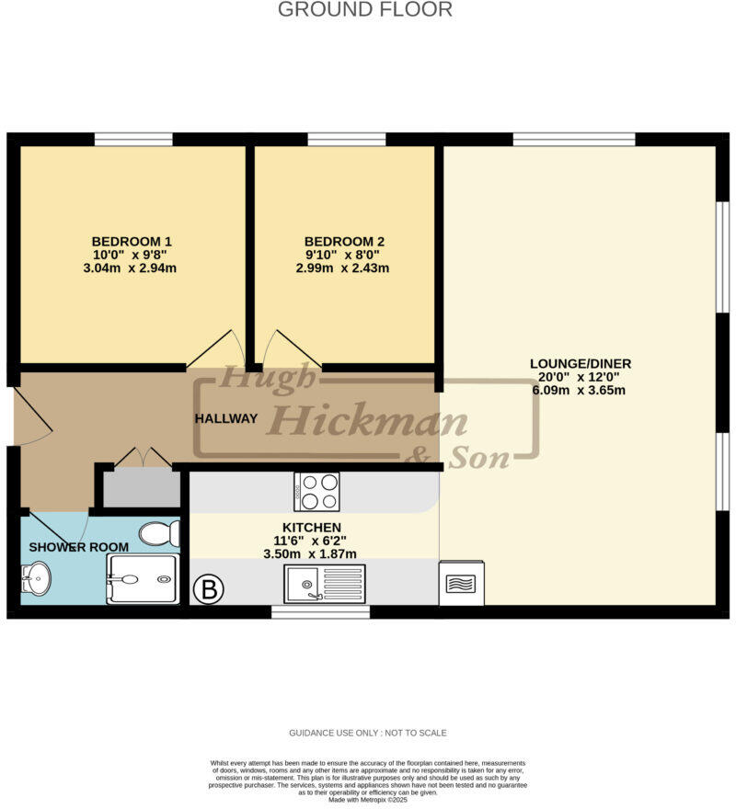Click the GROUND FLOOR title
365,10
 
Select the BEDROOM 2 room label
344,242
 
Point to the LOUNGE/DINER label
580,362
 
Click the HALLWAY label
226,418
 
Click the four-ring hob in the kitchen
316,491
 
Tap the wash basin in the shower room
36,579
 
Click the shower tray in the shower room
143,579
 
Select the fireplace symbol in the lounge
461,584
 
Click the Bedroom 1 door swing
217,349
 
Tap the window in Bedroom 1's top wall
133,140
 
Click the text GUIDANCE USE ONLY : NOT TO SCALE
367,733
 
